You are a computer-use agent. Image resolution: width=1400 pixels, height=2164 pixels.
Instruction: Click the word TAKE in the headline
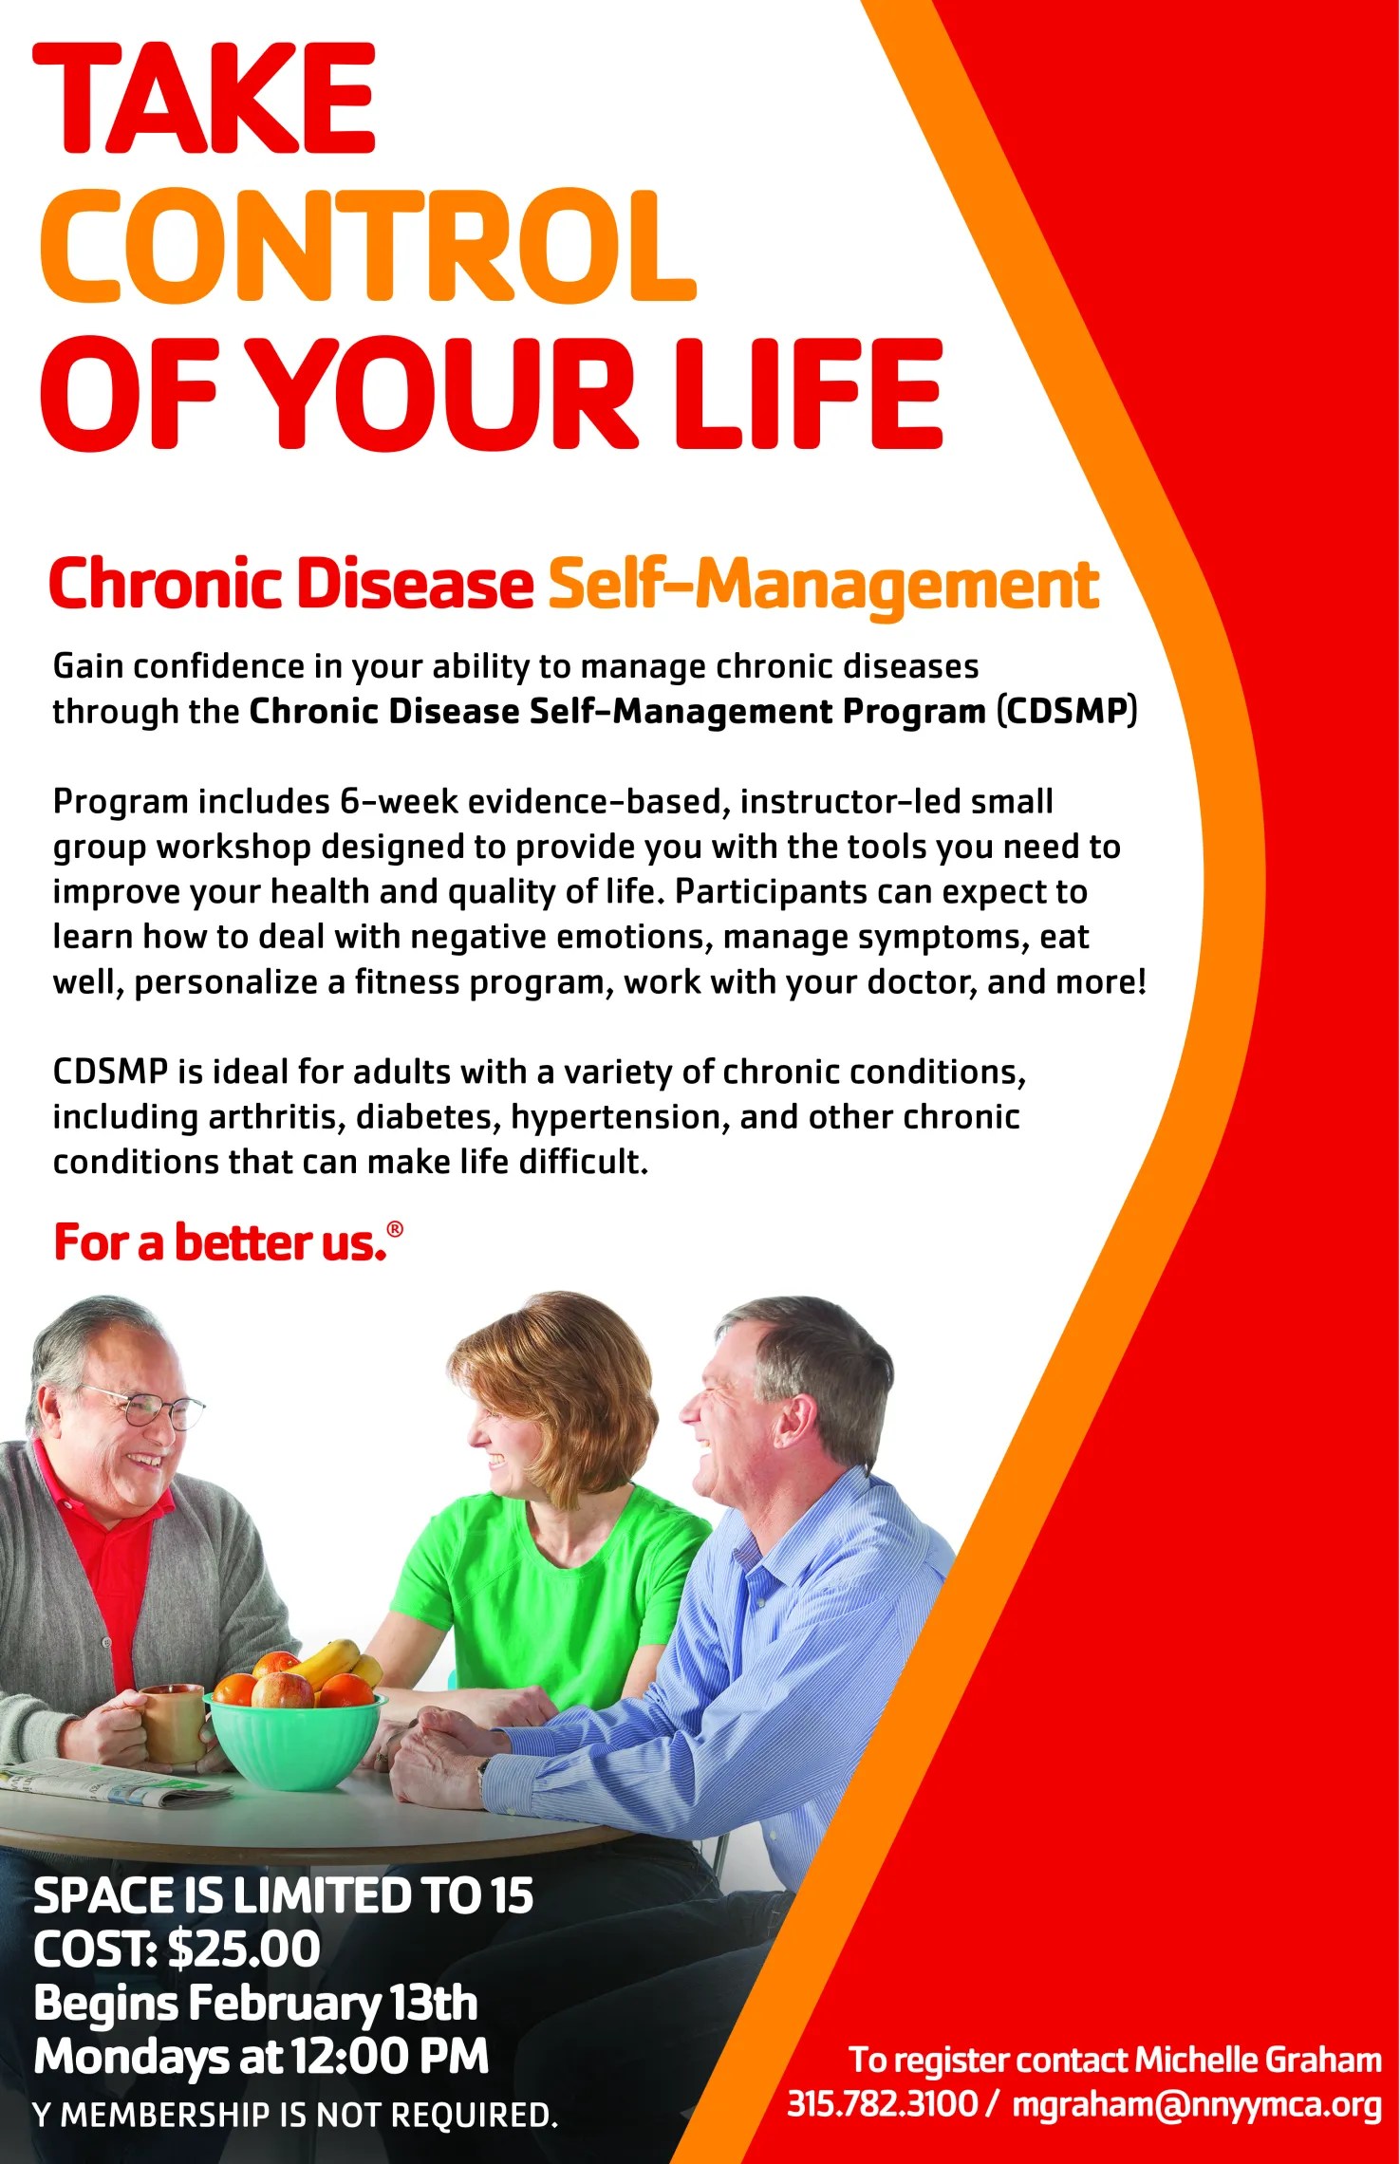pyautogui.click(x=205, y=99)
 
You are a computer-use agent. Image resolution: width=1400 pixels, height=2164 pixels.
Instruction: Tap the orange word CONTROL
pyautogui.click(x=368, y=247)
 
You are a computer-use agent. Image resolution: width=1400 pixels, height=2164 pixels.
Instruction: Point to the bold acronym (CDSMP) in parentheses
pyautogui.click(x=1066, y=711)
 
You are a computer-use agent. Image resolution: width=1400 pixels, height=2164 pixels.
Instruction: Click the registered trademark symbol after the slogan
pyautogui.click(x=395, y=1230)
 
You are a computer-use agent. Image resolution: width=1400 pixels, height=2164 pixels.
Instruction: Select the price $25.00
pyautogui.click(x=244, y=1949)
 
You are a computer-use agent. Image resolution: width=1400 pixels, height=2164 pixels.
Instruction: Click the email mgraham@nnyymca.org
pyautogui.click(x=1196, y=2104)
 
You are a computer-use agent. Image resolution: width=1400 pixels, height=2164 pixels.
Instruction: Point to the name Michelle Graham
pyautogui.click(x=1258, y=2060)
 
